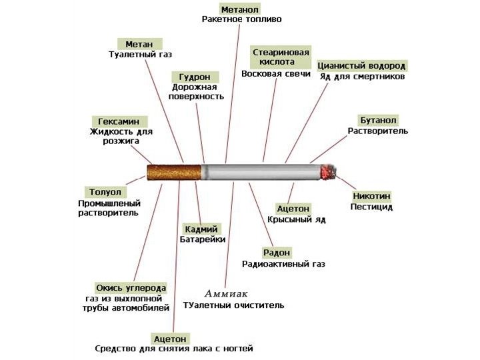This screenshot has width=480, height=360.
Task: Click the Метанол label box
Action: [x=240, y=8]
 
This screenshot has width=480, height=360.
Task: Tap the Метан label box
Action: [x=139, y=43]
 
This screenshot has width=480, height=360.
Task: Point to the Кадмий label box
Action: [x=201, y=229]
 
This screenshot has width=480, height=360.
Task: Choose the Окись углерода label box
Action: [x=131, y=287]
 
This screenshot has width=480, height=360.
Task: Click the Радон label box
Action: [x=276, y=252]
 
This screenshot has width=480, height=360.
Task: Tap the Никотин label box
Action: [x=371, y=196]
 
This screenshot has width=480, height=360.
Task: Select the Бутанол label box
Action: [x=378, y=120]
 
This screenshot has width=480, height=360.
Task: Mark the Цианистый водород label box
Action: [x=361, y=66]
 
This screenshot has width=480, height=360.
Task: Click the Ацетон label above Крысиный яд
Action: [x=293, y=209]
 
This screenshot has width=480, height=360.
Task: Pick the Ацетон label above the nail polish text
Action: [x=171, y=338]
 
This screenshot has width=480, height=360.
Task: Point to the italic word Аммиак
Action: [x=226, y=293]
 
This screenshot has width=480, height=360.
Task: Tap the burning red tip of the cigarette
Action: [x=329, y=173]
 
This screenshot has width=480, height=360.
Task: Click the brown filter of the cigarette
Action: [x=174, y=172]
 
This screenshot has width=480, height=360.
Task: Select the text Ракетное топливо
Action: [x=241, y=19]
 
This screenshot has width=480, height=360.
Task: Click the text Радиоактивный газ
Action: [x=283, y=264]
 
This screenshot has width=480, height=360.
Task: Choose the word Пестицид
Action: [x=371, y=207]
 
